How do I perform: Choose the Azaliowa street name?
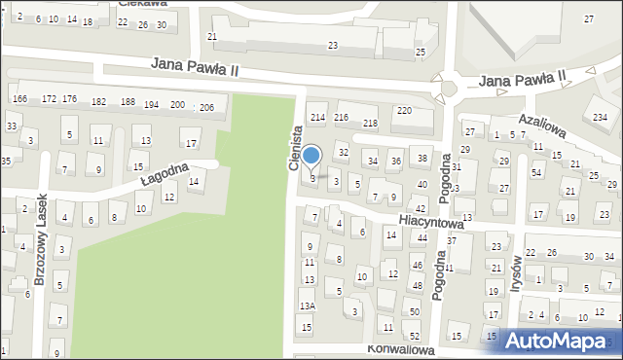542,121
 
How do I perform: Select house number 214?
317,118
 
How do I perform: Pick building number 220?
403,111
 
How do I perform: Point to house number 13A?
307,306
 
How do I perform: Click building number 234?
599,118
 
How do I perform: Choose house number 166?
19,100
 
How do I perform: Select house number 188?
128,102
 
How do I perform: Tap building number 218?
370,124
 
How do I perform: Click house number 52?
415,336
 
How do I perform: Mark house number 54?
536,173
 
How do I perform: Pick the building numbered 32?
343,153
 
